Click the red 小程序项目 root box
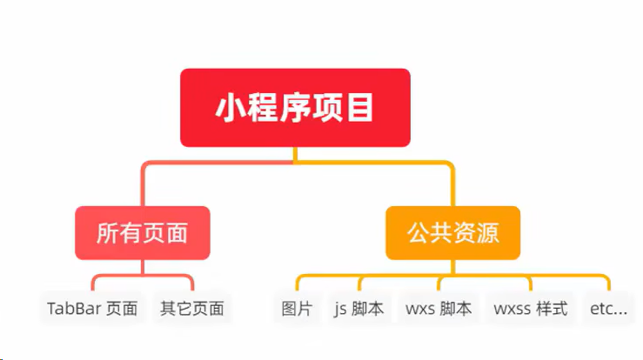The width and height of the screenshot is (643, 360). point(295,108)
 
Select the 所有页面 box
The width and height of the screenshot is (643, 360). point(142,233)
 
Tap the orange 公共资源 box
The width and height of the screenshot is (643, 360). point(452,233)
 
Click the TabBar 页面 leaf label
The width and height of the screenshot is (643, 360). point(92,309)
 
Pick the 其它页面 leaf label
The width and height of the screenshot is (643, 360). point(192,309)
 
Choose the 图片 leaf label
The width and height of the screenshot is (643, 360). point(297,309)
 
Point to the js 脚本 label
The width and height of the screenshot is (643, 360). point(358,309)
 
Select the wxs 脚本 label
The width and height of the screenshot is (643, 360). point(439,309)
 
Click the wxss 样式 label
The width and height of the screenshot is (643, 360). point(530,309)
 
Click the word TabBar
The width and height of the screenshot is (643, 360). point(73,309)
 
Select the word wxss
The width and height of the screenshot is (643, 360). point(512,309)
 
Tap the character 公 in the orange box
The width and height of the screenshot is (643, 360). point(419,233)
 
